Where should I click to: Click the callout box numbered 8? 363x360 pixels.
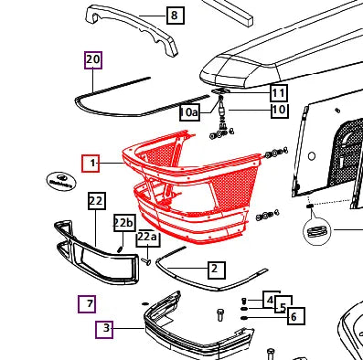click(x=176, y=16)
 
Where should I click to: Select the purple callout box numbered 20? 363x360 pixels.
click(x=93, y=60)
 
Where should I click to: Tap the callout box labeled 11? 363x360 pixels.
click(x=279, y=93)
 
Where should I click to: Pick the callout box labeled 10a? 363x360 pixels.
click(x=189, y=112)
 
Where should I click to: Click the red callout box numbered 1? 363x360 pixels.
click(x=91, y=164)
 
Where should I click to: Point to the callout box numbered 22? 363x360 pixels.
click(x=97, y=201)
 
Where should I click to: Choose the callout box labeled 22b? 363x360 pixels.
click(x=124, y=223)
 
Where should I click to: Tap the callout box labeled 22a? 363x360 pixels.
click(x=147, y=238)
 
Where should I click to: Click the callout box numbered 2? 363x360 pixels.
click(x=217, y=270)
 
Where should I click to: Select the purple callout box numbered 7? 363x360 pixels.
click(x=87, y=304)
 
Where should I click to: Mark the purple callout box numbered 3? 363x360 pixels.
click(x=104, y=330)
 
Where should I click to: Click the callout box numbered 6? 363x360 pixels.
click(x=296, y=316)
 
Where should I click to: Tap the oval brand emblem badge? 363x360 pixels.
click(x=61, y=181)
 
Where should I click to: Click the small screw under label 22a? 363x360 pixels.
click(x=146, y=261)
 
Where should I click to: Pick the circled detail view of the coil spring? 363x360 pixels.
click(x=317, y=231)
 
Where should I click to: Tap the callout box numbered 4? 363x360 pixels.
click(x=272, y=300)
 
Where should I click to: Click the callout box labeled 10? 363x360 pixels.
click(x=280, y=110)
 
